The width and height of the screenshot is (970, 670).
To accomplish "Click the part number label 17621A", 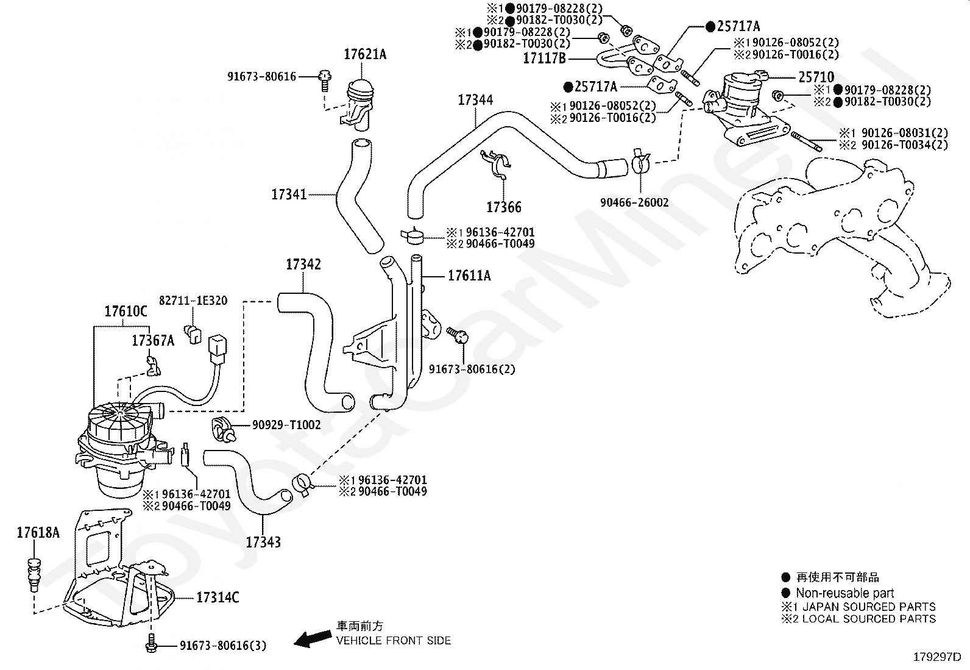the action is click(364, 55).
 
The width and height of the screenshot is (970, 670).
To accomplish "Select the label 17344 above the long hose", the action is click(475, 100).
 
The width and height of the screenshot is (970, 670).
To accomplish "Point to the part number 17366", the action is click(504, 207).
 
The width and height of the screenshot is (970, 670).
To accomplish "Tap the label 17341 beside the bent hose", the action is click(289, 194).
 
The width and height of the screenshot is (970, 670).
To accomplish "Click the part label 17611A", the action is click(469, 276).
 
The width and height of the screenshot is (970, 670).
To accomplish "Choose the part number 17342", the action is click(303, 265).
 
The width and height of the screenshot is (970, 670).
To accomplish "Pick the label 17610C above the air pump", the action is click(126, 311).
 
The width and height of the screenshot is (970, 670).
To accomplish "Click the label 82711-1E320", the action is click(193, 301).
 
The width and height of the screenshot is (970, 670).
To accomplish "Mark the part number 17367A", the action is click(153, 341).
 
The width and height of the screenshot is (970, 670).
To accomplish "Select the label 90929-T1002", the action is click(286, 425).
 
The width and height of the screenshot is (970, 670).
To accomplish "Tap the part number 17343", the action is click(263, 542).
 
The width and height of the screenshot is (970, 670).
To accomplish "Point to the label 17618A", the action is click(38, 533).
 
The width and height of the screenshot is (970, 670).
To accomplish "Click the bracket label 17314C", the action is click(218, 597).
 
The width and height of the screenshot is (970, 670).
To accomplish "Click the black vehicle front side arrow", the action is click(313, 639).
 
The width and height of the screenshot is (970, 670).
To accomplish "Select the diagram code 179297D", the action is click(937, 657).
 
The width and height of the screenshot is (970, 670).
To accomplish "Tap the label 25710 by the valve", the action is click(816, 77).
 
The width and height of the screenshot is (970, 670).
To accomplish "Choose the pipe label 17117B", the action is click(544, 59).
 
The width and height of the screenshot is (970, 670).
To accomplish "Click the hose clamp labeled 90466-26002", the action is click(641, 161).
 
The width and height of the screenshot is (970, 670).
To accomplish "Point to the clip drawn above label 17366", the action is click(496, 163).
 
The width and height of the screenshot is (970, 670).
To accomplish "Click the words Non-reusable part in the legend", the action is click(845, 593).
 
